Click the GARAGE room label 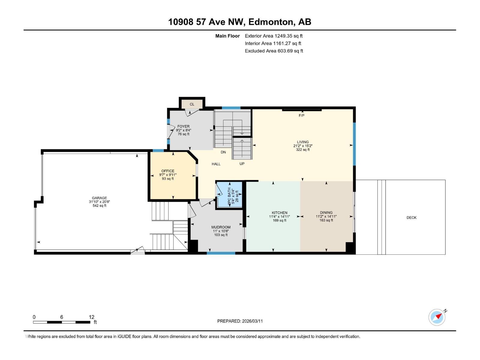99,198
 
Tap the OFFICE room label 168,171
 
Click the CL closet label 192,104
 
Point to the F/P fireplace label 301,115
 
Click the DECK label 411,217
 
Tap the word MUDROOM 221,227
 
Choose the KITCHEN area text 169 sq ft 279,220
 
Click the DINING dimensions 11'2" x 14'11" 326,217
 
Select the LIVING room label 303,142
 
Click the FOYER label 183,127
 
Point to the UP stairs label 242,164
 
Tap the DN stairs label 223,152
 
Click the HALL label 216,164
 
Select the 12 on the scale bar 91,317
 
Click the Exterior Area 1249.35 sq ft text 274,36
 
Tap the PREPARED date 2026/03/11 252,321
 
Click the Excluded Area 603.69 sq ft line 274,51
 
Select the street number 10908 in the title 181,22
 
